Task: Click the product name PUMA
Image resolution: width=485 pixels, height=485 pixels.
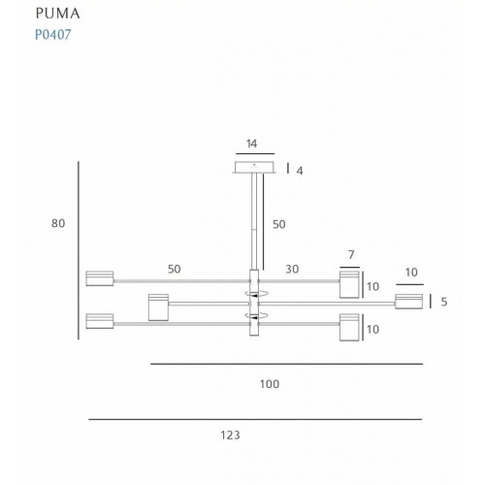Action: coord(57,14)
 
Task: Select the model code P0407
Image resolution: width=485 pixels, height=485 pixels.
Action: coord(53,34)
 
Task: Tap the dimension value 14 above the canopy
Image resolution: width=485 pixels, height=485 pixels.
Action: coord(251,144)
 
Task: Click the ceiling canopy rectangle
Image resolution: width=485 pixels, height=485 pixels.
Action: coord(254,167)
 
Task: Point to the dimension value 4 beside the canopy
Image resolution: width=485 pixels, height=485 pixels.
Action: coord(300,171)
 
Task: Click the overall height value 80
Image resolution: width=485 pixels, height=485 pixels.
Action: coord(58,223)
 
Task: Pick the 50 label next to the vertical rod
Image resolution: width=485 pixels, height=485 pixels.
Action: coord(279,224)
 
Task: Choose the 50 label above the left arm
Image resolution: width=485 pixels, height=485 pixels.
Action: coord(175,269)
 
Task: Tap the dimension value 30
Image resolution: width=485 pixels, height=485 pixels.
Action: coord(292,269)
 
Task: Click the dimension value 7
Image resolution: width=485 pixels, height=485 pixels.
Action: coord(351,255)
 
